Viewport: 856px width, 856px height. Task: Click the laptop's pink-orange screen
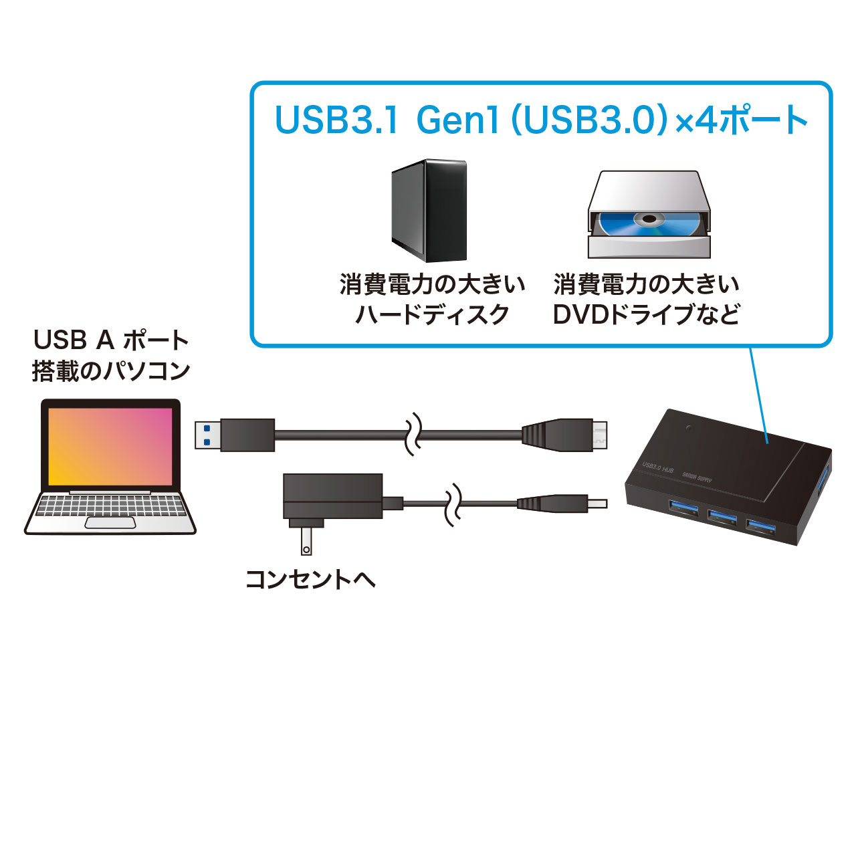pos(110,446)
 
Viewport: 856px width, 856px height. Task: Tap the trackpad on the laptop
pos(110,522)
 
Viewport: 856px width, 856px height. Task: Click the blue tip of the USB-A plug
pos(207,435)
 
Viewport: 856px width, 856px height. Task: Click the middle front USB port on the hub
pos(722,516)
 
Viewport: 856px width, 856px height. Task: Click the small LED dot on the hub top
pos(688,426)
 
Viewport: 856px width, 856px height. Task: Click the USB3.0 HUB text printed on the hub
pos(657,467)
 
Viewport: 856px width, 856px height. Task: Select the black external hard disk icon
pos(429,210)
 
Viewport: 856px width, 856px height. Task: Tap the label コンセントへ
pos(310,579)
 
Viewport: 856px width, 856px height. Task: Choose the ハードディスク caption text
pos(432,314)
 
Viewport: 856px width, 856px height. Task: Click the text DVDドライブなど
pos(646,314)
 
